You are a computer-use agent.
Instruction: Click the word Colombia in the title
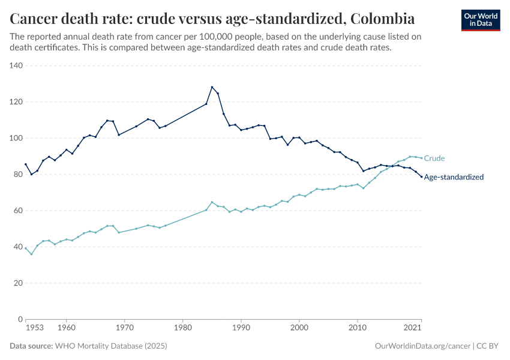382,17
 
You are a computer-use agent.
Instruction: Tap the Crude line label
434,158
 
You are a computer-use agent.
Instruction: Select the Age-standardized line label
454,177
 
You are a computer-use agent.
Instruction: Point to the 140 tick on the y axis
16,65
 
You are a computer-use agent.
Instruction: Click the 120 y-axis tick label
16,102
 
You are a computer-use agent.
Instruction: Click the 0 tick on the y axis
20,319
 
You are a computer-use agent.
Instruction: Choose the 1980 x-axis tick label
182,328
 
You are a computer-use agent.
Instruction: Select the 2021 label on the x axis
412,328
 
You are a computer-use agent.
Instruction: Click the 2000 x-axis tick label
299,328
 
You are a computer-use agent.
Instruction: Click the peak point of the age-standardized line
212,87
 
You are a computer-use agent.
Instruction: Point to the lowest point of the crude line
32,254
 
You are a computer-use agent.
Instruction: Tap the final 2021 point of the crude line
421,158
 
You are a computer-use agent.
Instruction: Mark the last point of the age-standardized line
421,176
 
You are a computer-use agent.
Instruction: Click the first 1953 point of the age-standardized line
26,164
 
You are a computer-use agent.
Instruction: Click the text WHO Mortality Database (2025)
110,346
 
